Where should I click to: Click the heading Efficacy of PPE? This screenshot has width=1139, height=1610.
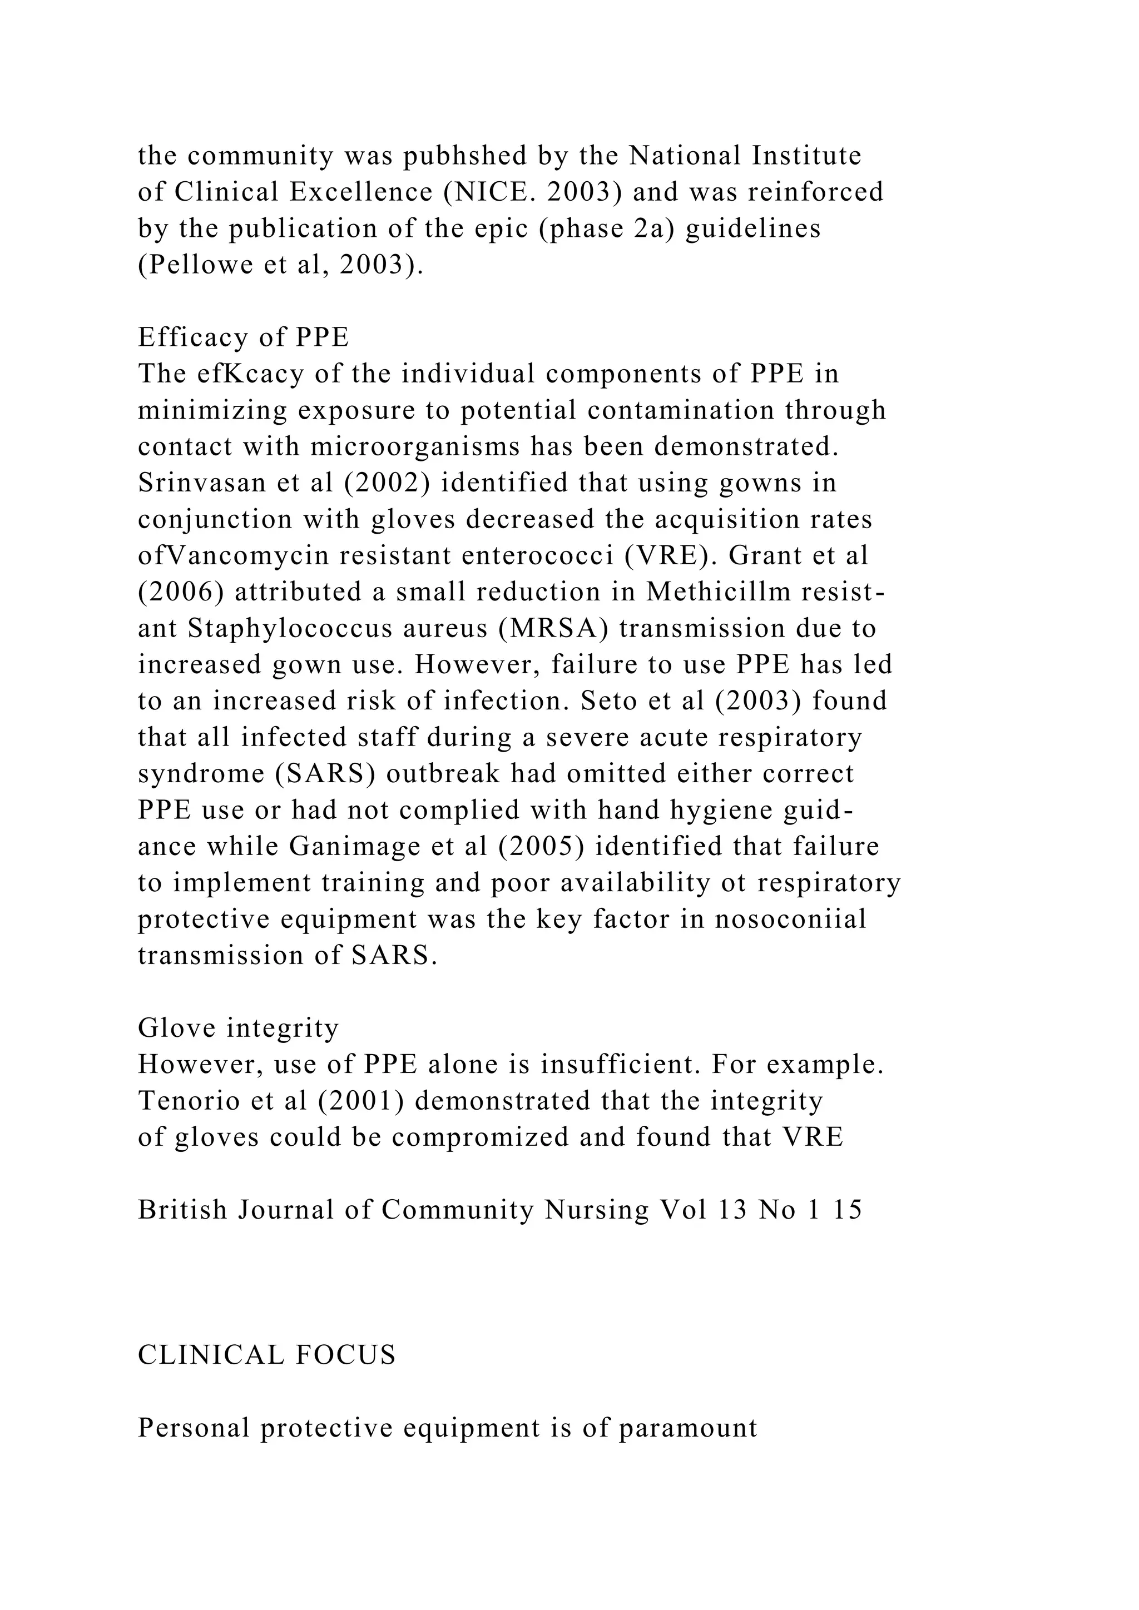tap(244, 337)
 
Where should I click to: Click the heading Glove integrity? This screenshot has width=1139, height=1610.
tap(239, 1028)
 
